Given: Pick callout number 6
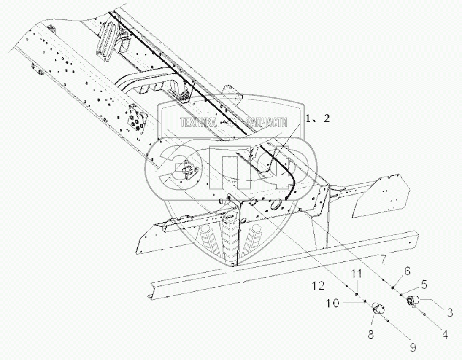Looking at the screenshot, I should [407, 272].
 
